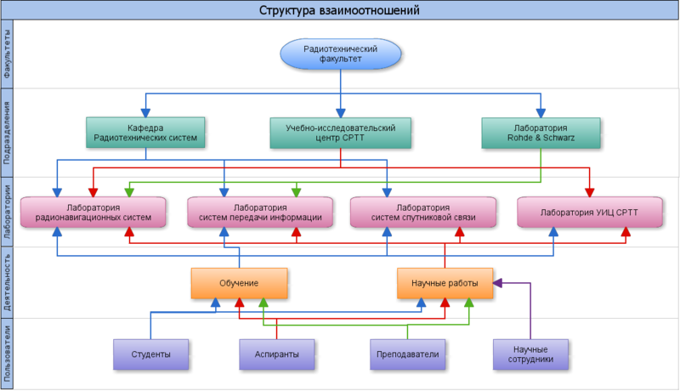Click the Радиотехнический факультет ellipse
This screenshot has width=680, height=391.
coord(339,54)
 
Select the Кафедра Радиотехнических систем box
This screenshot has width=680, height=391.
coord(144,132)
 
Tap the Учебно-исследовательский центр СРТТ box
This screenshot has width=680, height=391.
coord(339,132)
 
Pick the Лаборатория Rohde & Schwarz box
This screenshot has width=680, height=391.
coord(541,132)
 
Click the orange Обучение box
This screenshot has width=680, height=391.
coord(239,283)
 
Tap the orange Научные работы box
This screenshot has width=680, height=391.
coord(445,283)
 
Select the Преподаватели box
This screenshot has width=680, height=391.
coord(403,354)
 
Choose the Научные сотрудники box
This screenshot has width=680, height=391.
coord(530,354)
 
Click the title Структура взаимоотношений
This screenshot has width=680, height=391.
coord(339,10)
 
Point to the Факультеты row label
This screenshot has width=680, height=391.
coord(8,54)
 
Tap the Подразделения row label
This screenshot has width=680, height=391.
coord(8,132)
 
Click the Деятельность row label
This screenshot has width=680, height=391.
coord(8,283)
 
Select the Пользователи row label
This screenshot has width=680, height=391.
coord(8,354)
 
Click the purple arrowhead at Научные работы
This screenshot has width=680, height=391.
coord(498,280)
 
